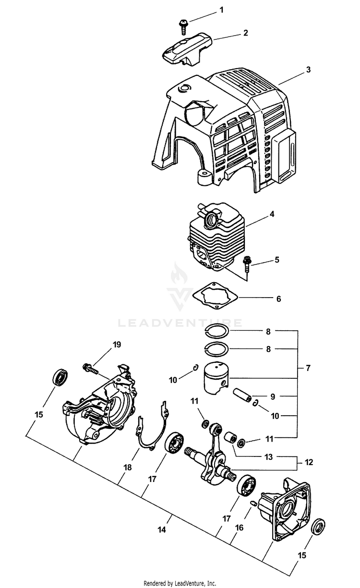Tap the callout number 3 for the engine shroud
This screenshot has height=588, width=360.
pos(308,70)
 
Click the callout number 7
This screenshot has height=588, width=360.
pos(308,368)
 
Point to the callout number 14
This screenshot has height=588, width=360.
pos(162,530)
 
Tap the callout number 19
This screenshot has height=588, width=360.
pos(117,344)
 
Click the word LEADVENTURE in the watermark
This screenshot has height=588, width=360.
pos(180,323)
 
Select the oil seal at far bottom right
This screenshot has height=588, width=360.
pos(319,527)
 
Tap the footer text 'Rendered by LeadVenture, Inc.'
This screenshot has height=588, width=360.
pos(180,583)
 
